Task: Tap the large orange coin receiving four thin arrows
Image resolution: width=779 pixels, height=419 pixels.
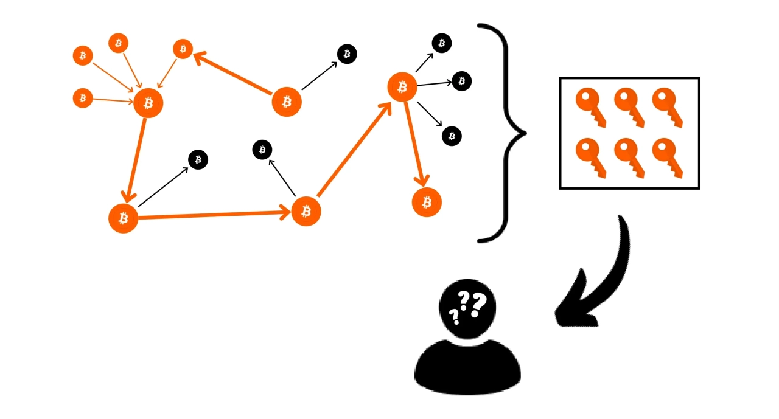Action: [x=148, y=103]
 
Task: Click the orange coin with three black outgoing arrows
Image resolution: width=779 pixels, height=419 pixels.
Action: [x=402, y=87]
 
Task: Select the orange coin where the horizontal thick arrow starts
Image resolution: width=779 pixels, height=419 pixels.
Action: [x=124, y=218]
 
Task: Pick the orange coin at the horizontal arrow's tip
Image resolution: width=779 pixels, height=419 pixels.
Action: [x=306, y=211]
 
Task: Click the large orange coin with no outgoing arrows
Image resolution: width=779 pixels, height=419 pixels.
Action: [x=427, y=202]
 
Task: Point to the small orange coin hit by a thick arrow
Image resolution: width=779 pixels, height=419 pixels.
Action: [x=183, y=49]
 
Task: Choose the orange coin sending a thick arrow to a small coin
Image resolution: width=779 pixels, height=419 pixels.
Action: [x=287, y=102]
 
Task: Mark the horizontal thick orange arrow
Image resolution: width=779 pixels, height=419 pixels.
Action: [x=213, y=215]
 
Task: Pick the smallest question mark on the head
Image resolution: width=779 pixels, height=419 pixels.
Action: [x=453, y=316]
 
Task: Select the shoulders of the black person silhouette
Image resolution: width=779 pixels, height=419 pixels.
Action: [x=467, y=368]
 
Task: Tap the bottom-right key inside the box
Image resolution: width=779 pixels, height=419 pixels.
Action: [x=667, y=157]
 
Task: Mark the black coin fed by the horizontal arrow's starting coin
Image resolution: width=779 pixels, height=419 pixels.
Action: [x=198, y=160]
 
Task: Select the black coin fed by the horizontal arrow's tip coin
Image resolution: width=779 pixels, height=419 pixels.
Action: [x=262, y=149]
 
